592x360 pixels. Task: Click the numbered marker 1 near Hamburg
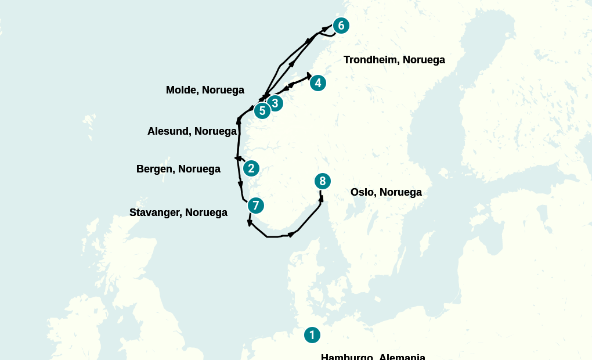pyautogui.click(x=312, y=335)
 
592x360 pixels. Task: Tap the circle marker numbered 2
pyautogui.click(x=251, y=168)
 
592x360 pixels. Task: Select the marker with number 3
pyautogui.click(x=275, y=103)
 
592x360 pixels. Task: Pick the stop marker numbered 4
pyautogui.click(x=317, y=83)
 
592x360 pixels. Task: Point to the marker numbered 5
pyautogui.click(x=262, y=110)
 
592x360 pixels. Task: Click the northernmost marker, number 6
pyautogui.click(x=341, y=26)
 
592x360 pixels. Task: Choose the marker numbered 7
pyautogui.click(x=255, y=206)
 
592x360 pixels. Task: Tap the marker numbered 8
pyautogui.click(x=323, y=181)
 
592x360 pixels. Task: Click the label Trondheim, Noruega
pyautogui.click(x=394, y=60)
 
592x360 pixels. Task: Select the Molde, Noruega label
pyautogui.click(x=205, y=90)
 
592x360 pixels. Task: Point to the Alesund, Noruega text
pyautogui.click(x=192, y=131)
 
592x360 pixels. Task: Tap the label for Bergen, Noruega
pyautogui.click(x=178, y=169)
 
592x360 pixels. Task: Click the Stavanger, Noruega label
pyautogui.click(x=178, y=213)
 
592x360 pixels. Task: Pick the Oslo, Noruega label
pyautogui.click(x=386, y=192)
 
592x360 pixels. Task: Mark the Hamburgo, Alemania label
pyautogui.click(x=373, y=357)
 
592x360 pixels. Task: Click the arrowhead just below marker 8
pyautogui.click(x=321, y=199)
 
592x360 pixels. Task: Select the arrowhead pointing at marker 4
pyautogui.click(x=309, y=75)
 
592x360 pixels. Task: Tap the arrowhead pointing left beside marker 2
pyautogui.click(x=237, y=158)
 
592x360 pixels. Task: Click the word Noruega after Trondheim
pyautogui.click(x=424, y=60)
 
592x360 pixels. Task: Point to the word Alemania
pyautogui.click(x=402, y=357)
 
